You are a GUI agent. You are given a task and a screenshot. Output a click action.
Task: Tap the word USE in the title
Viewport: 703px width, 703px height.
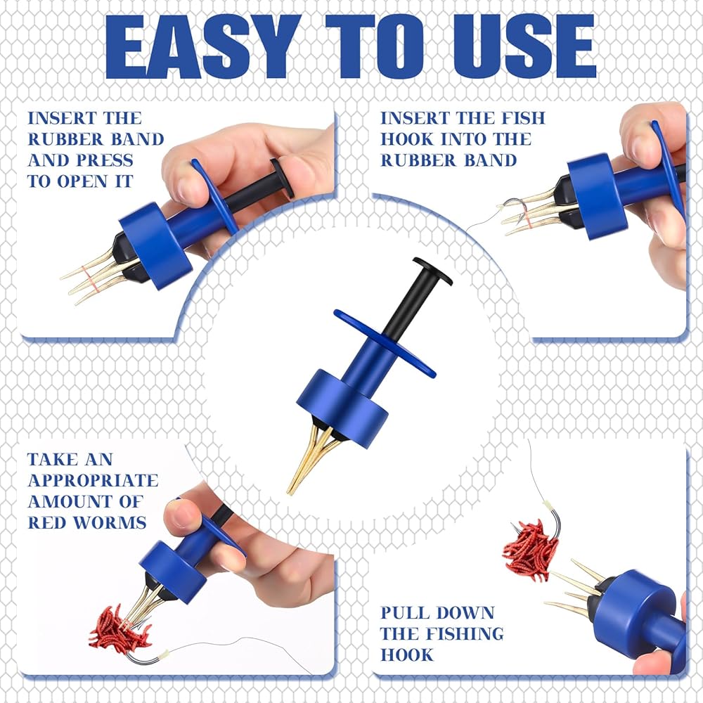[x=524, y=46]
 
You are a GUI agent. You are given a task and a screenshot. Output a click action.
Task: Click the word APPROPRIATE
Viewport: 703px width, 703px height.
[x=93, y=480]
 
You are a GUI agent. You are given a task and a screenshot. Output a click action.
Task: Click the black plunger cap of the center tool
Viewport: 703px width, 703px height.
[x=432, y=271]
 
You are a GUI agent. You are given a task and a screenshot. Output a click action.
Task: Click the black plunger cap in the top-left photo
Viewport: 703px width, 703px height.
[x=282, y=178]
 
